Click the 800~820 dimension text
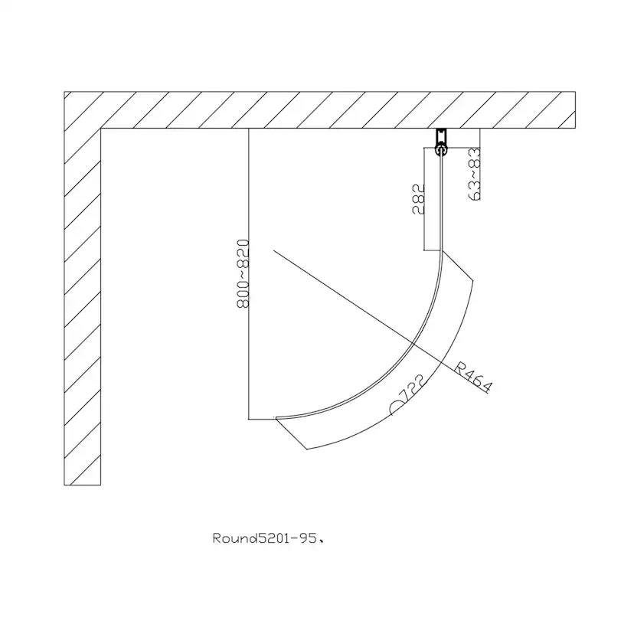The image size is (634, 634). pos(243,273)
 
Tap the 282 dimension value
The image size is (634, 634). pos(419,198)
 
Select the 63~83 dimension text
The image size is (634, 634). pos(474,175)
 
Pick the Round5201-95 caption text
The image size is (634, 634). pos(269,538)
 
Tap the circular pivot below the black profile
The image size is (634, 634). pos(441,151)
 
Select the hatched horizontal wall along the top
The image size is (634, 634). pos(319,110)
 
